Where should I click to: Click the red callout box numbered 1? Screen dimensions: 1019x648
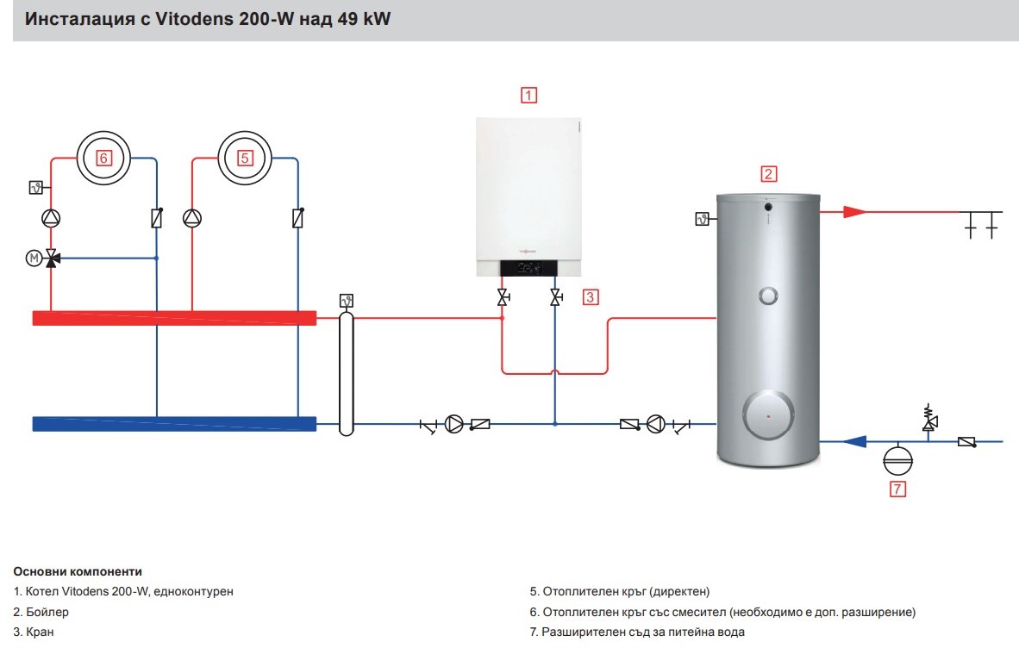coord(528,96)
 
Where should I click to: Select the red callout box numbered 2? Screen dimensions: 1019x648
coord(768,174)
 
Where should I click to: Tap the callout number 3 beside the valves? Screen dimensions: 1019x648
coord(590,297)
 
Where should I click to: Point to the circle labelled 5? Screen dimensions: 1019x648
coord(244,158)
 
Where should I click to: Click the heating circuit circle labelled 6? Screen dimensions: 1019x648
coord(103,158)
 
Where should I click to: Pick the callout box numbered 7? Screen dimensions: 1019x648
coord(897,489)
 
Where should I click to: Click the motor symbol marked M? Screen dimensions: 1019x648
coord(34,259)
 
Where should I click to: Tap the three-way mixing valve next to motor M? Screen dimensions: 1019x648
coord(52,259)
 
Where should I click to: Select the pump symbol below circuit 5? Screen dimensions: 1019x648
coord(192,218)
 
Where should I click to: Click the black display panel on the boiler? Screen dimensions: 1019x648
coord(528,267)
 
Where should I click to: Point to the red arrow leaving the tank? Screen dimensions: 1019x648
coord(854,212)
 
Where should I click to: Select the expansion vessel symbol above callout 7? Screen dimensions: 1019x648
coord(897,459)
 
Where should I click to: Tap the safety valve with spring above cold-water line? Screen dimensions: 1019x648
coord(929,418)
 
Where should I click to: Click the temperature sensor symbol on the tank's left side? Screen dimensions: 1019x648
coord(702,219)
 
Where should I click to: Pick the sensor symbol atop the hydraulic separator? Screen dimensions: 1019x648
coord(347,301)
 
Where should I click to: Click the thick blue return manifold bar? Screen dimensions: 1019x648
coord(174,424)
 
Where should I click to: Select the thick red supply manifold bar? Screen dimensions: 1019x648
coord(174,318)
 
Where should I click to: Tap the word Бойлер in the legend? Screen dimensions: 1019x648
coord(47,612)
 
